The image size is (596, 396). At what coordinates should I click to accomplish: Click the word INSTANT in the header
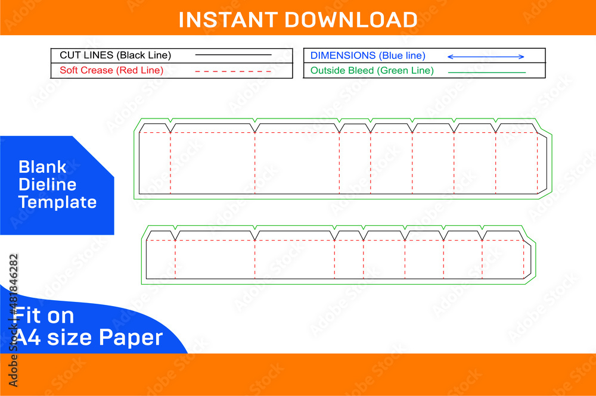click(x=228, y=20)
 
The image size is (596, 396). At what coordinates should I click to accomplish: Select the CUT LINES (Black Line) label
click(x=115, y=55)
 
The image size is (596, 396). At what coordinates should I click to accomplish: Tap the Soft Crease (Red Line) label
click(x=111, y=70)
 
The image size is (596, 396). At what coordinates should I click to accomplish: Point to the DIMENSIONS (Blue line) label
click(x=368, y=55)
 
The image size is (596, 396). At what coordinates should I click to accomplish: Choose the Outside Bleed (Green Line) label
click(x=372, y=71)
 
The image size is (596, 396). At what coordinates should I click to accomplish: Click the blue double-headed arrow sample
click(x=486, y=57)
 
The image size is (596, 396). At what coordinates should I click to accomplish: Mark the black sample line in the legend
click(x=233, y=55)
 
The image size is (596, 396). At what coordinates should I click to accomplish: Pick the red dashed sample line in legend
click(x=233, y=71)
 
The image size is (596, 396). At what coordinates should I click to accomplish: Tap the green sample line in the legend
click(x=486, y=72)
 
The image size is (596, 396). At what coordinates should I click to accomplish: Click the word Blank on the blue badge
click(x=42, y=167)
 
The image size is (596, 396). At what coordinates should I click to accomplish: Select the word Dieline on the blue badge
click(x=47, y=184)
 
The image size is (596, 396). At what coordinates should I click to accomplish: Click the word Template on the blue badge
click(x=57, y=202)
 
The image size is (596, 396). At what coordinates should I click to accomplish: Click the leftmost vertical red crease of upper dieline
click(x=170, y=163)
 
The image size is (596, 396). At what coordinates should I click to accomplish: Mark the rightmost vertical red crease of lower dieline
click(x=523, y=259)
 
